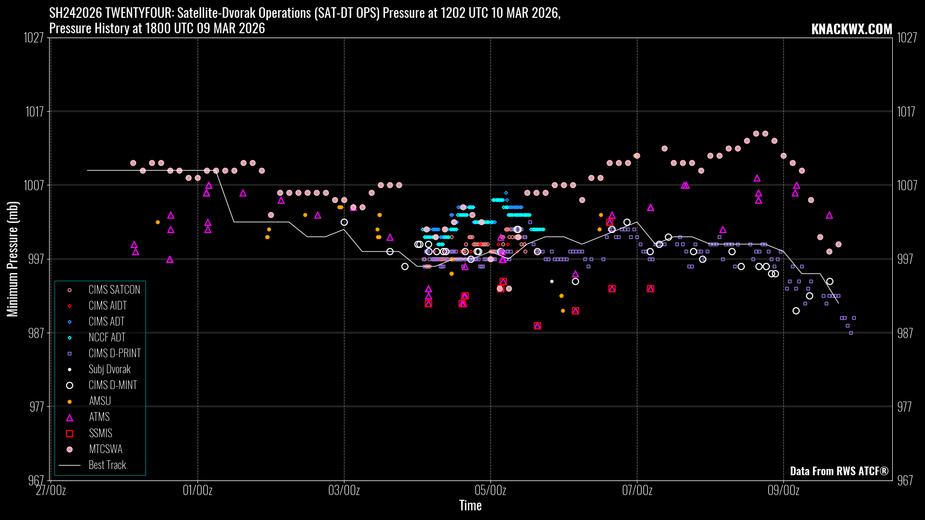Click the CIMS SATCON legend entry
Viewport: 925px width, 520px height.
tap(114, 290)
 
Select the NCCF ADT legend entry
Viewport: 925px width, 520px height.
tap(106, 338)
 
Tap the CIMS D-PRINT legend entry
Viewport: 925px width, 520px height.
tap(114, 353)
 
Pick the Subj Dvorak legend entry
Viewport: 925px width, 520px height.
tap(109, 369)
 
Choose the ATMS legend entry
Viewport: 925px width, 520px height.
tap(99, 417)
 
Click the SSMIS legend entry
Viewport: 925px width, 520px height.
tap(100, 433)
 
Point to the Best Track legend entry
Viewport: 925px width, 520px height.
tap(107, 465)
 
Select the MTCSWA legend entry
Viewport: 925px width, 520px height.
tap(105, 449)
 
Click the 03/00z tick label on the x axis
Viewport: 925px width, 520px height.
tap(344, 491)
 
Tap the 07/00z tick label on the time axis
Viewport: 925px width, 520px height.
tap(637, 491)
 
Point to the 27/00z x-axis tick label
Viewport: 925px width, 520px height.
tap(51, 491)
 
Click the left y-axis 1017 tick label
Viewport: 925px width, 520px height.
tap(35, 112)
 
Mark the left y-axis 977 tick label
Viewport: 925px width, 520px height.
tap(37, 407)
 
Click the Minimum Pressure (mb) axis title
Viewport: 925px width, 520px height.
tap(13, 259)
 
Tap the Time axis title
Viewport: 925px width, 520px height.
tap(470, 506)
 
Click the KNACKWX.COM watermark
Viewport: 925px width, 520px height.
tap(851, 29)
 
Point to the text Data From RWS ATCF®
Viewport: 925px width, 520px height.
tap(839, 471)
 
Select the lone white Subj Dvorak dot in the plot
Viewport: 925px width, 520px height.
tap(552, 282)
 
